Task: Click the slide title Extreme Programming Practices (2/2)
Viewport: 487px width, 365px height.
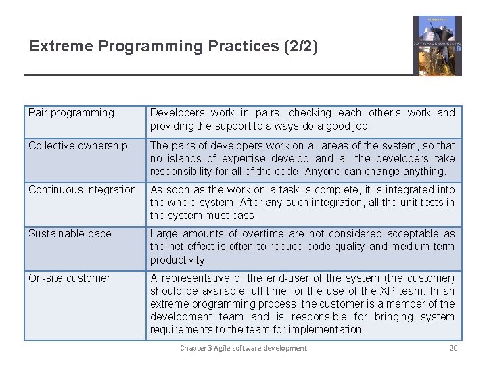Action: (x=173, y=47)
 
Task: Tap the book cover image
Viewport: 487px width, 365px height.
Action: (x=437, y=46)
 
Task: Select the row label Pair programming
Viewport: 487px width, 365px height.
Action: (x=71, y=113)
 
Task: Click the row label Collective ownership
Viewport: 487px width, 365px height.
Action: (x=78, y=146)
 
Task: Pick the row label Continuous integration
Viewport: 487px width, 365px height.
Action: (x=82, y=190)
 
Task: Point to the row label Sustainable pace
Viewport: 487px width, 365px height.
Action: (x=70, y=234)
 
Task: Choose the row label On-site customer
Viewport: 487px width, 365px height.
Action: (x=69, y=278)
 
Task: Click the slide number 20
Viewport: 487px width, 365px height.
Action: (x=453, y=348)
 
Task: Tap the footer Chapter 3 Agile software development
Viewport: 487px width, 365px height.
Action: (x=243, y=348)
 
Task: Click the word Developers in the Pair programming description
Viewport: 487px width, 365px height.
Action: (x=177, y=113)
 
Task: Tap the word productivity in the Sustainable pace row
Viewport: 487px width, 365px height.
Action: (x=177, y=260)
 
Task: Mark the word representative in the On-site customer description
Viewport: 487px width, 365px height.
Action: (x=199, y=278)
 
